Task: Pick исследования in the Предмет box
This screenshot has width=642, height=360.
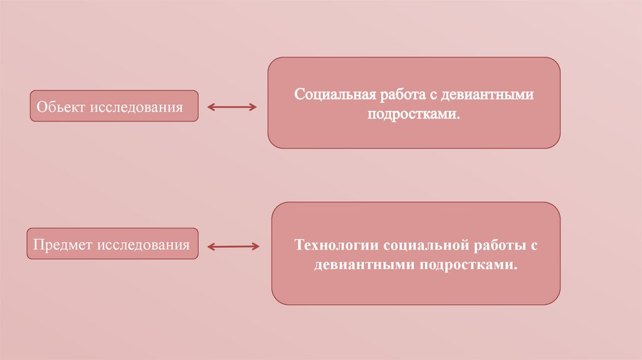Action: (x=142, y=244)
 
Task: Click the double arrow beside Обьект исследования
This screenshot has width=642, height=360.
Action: (x=232, y=107)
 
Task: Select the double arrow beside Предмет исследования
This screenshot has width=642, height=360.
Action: (x=233, y=246)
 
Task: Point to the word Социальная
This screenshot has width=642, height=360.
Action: (x=335, y=96)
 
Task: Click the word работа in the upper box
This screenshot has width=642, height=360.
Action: (x=402, y=96)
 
